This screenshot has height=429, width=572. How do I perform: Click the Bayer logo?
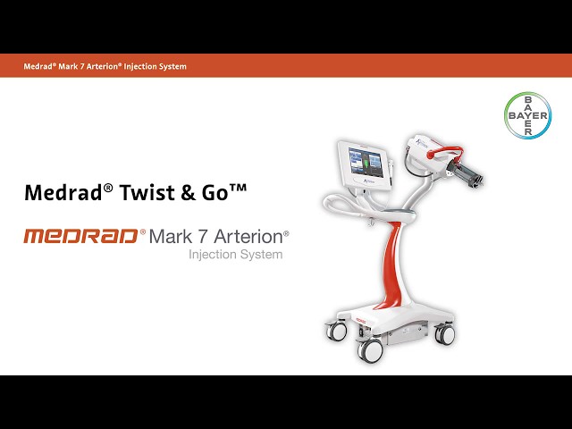[x=527, y=115]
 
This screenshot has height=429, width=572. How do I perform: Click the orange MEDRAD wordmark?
[x=80, y=237]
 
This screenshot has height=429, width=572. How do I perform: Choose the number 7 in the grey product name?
[x=198, y=237]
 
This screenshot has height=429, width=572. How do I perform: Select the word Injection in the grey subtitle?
[x=212, y=255]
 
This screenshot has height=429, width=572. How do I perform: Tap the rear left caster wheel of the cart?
[x=339, y=332]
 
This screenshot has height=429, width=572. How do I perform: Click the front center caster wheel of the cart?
[x=369, y=349]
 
